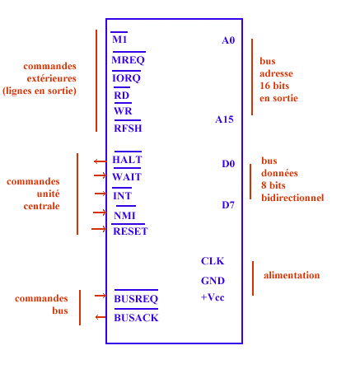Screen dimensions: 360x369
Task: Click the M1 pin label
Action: [119, 40]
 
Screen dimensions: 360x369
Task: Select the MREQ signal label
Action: [128, 60]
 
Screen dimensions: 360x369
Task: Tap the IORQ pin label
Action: [126, 78]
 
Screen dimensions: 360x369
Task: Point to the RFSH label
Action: [128, 128]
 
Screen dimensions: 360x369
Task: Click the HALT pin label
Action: [127, 160]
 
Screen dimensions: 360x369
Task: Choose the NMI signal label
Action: [124, 216]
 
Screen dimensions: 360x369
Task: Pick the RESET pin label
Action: [130, 231]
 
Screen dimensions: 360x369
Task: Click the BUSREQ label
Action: [136, 299]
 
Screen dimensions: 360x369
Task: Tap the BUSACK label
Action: [136, 318]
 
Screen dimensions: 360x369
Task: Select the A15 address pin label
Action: [224, 119]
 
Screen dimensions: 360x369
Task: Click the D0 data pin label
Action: [228, 164]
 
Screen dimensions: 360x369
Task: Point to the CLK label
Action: [213, 261]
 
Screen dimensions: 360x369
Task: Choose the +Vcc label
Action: [213, 297]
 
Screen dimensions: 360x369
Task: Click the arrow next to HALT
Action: [101, 161]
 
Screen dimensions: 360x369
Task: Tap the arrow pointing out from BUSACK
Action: [101, 317]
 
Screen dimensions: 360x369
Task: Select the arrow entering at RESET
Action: [99, 229]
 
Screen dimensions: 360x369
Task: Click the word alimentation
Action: [292, 275]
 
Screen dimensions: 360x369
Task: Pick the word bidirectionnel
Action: [292, 198]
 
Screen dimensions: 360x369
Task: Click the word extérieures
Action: [51, 78]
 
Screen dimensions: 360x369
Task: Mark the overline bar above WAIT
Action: [127, 168]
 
